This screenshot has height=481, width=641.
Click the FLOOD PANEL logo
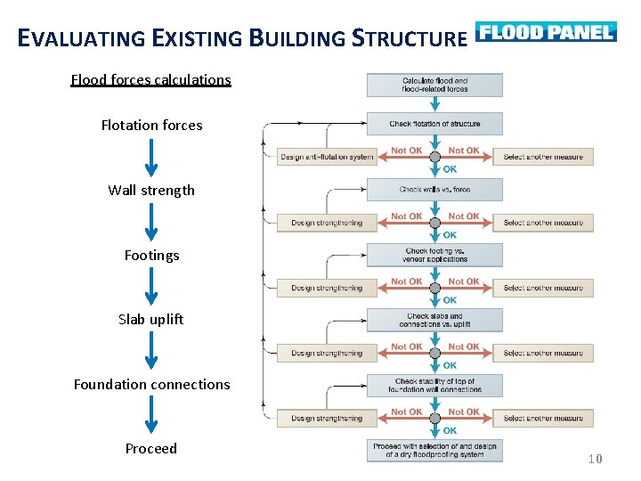coord(546,32)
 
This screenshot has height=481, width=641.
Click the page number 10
coord(596,459)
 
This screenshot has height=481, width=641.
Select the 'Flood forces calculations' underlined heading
coord(150,79)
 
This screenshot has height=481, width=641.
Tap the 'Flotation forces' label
coord(151,125)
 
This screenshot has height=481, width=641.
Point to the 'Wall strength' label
coord(151,190)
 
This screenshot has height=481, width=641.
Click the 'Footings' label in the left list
coord(151,255)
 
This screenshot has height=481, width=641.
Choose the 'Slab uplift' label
coord(151,319)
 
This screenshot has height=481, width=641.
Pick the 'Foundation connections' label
coord(151,384)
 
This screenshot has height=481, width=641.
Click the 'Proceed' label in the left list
coord(151,448)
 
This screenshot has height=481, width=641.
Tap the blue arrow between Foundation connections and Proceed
coord(151,416)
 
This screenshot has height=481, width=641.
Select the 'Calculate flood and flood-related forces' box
coord(434,85)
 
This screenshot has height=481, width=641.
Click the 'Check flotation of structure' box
coord(434,124)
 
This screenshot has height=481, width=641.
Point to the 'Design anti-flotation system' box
coord(327,157)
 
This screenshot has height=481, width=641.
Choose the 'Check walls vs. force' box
coord(434,189)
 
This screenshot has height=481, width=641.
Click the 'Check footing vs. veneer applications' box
coord(434,255)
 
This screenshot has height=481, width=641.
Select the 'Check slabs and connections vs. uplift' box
coord(434,320)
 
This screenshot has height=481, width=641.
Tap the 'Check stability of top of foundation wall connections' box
coord(434,385)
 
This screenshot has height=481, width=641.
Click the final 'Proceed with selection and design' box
coord(434,450)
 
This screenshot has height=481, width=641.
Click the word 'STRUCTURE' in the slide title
coord(410,38)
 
